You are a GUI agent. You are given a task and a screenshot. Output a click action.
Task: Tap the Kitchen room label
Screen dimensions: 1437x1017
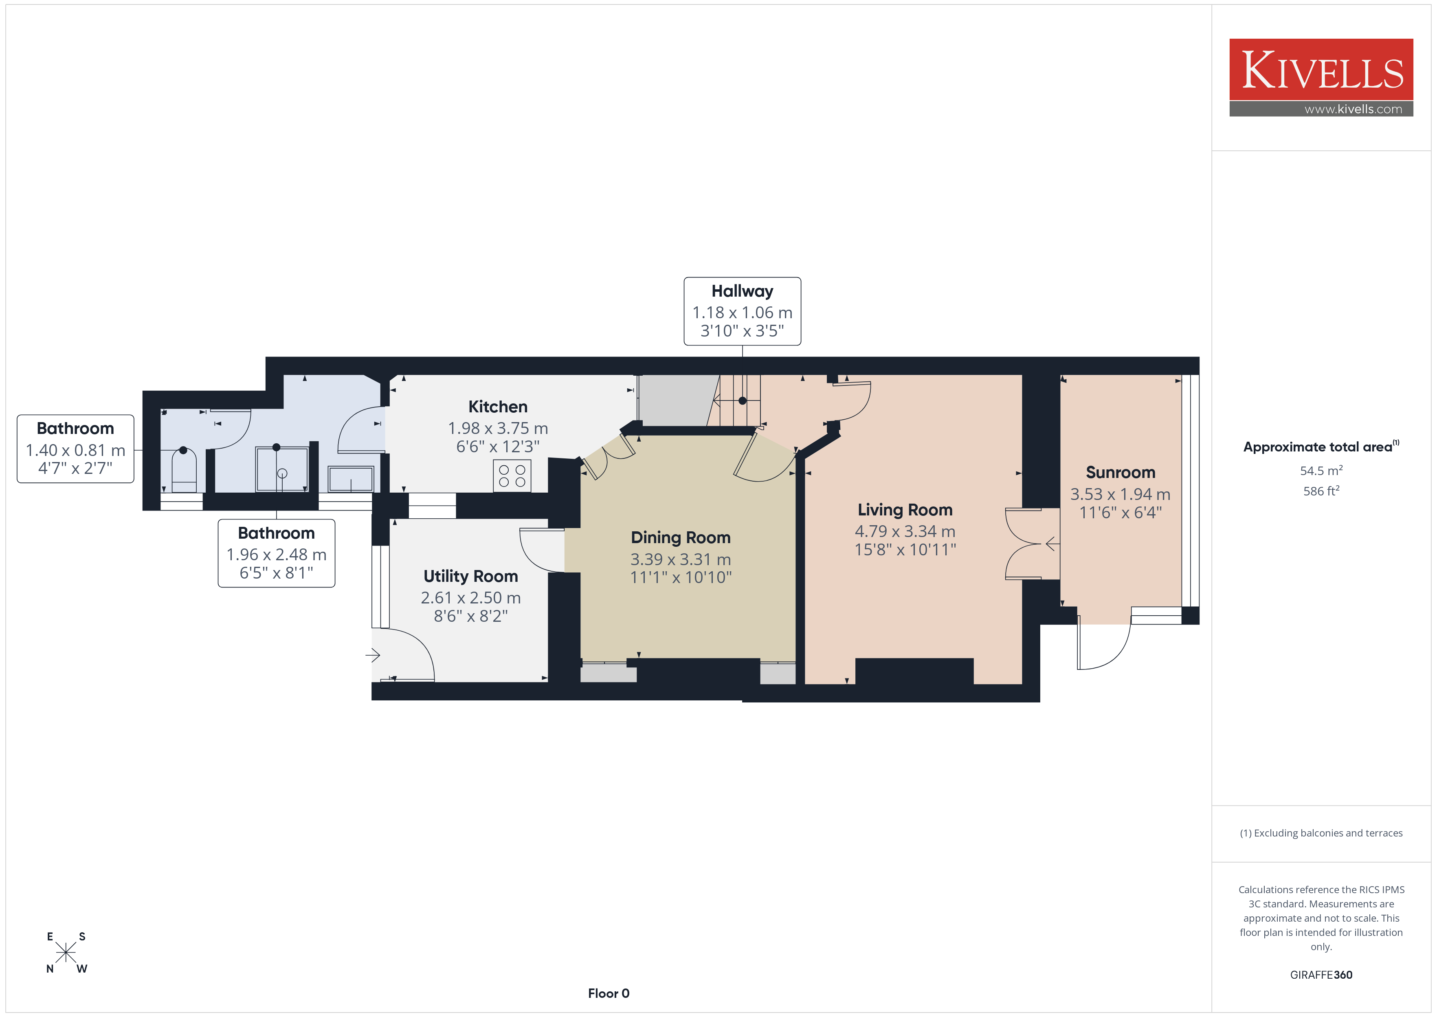click(x=498, y=407)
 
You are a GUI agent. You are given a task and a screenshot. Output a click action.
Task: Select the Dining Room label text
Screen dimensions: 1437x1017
click(x=680, y=537)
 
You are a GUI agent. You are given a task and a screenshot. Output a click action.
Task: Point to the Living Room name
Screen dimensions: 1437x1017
click(x=905, y=511)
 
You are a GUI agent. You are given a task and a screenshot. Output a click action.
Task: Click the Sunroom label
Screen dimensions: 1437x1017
click(x=1120, y=472)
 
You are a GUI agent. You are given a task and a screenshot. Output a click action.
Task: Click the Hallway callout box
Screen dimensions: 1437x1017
click(x=742, y=311)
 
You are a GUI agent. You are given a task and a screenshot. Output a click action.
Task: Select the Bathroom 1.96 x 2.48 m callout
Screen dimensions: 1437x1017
click(x=276, y=553)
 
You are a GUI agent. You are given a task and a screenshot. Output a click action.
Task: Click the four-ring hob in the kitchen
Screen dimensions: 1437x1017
click(x=512, y=476)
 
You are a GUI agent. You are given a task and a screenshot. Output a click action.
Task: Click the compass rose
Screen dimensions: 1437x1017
click(x=66, y=953)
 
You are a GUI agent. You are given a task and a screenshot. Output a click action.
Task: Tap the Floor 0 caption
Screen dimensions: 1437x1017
click(x=609, y=993)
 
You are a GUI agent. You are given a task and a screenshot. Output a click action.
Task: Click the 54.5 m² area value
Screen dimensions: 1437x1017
click(x=1321, y=470)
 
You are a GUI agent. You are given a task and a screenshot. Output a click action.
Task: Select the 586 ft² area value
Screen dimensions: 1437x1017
click(x=1321, y=491)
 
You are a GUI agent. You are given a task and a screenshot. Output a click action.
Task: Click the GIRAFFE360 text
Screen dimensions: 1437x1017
click(x=1321, y=975)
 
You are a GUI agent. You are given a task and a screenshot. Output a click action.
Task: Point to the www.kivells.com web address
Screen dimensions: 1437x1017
click(x=1353, y=109)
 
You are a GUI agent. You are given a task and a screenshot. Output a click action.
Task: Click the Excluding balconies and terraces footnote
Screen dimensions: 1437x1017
click(x=1321, y=833)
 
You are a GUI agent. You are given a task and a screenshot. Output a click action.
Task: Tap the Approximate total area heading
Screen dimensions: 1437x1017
click(x=1321, y=447)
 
